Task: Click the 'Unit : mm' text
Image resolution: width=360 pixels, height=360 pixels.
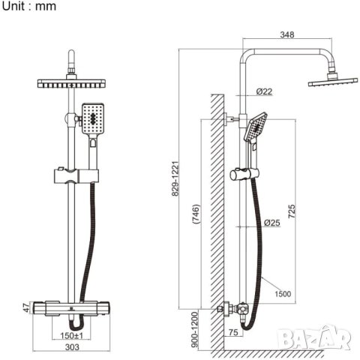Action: point(29,6)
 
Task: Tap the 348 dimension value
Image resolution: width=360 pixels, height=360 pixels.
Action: point(287,34)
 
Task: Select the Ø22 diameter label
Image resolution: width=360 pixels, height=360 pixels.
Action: point(264,91)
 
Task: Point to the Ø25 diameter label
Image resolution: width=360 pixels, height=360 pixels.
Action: point(272,223)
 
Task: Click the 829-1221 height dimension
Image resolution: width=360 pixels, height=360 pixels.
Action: point(175,178)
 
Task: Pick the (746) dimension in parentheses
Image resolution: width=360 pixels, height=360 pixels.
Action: point(196,214)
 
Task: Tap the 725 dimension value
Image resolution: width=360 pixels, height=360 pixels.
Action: point(292,211)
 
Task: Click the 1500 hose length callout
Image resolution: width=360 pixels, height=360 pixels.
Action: point(283,294)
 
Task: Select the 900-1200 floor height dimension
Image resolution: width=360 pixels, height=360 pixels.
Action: point(195,329)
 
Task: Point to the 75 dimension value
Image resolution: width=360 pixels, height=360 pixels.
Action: point(233,332)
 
